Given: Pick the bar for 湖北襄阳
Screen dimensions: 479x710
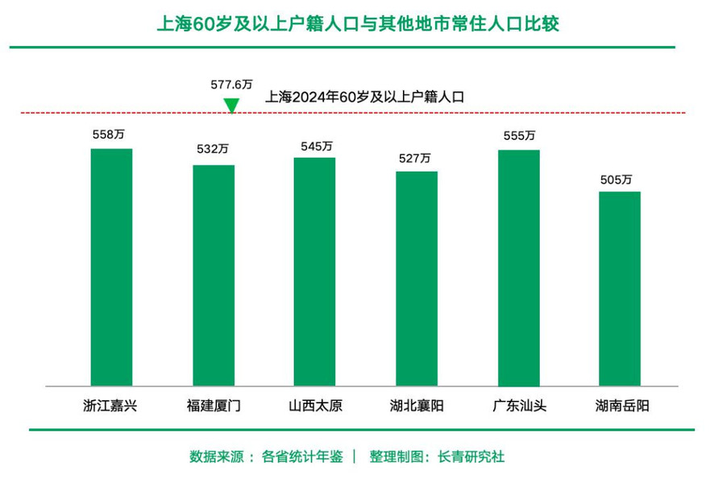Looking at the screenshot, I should click(x=416, y=279).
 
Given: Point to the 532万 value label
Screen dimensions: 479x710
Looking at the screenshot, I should click(x=213, y=150).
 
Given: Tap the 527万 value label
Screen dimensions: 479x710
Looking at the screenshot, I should click(x=415, y=159).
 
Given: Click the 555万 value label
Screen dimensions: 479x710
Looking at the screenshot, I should click(x=519, y=136).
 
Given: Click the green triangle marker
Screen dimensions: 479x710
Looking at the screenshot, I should click(x=231, y=105).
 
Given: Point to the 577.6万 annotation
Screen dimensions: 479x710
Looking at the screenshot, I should click(x=231, y=84).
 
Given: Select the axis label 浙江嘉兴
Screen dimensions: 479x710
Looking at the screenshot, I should click(x=110, y=406).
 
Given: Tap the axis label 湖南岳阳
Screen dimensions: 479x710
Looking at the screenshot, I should click(x=621, y=406).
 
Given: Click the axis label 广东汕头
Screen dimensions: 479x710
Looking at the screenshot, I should click(x=519, y=406).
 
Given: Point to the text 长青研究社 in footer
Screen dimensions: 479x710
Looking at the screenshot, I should click(x=471, y=456).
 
